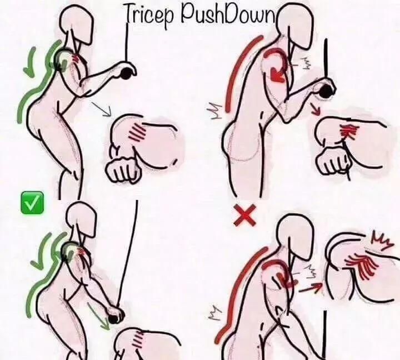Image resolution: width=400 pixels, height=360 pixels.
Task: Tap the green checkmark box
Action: [x=32, y=203]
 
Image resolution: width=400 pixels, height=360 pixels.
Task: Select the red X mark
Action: [x=245, y=215]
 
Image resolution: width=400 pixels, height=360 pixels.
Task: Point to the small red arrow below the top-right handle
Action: [x=316, y=109]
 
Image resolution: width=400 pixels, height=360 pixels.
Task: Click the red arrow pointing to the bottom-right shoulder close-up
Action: [x=310, y=288]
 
